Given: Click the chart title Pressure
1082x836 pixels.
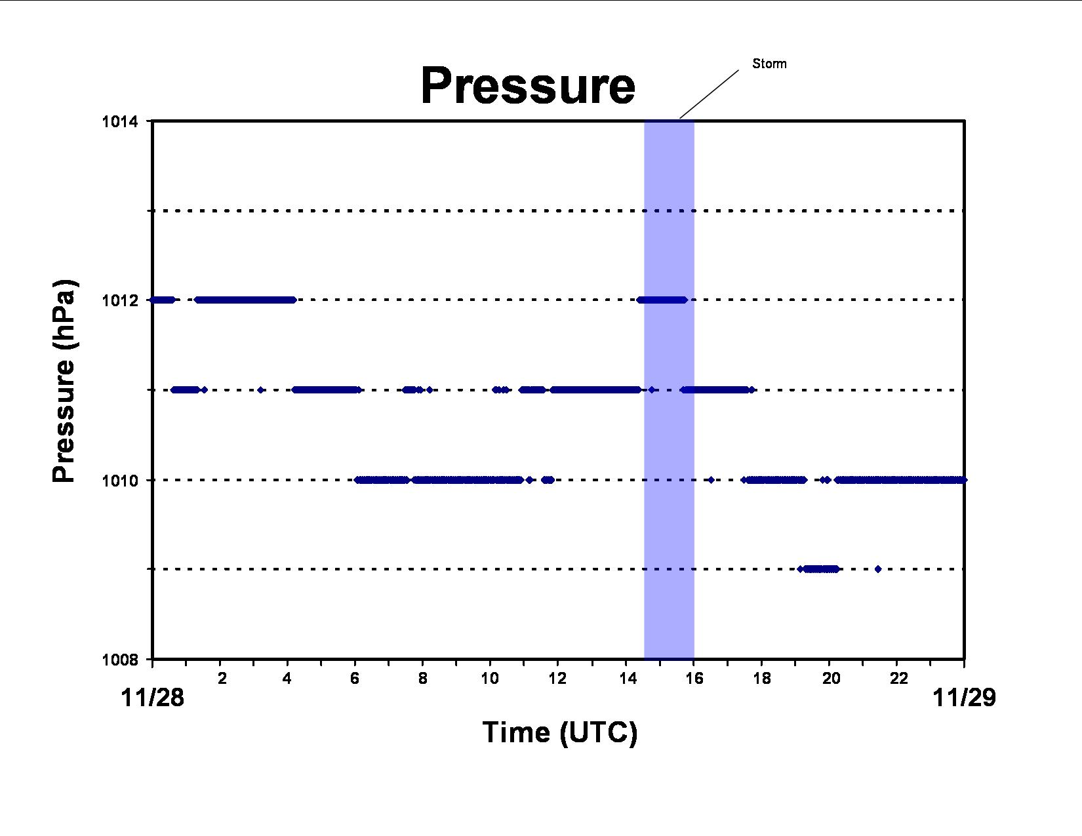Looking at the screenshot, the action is [528, 86].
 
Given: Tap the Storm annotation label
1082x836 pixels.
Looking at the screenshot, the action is [769, 64].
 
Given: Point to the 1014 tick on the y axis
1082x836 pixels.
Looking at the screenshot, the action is [120, 121].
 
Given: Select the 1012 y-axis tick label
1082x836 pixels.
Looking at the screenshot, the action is [120, 300].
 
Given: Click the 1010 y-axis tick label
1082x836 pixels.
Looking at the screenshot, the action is [120, 481].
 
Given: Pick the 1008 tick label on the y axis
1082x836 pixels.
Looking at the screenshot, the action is [120, 660].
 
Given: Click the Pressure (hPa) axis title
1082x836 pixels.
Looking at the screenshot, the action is [64, 381].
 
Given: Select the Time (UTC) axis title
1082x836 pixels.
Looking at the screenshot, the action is [559, 732].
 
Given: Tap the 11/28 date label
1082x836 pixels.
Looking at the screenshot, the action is [152, 698].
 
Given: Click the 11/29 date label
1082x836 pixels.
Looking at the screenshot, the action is [965, 698].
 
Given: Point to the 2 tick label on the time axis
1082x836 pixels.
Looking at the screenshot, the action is [222, 678].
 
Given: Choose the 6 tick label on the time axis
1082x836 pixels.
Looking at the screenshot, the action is [355, 678].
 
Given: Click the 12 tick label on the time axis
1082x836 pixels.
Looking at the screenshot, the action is [557, 678].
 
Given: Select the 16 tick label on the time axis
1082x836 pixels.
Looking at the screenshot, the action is [694, 678].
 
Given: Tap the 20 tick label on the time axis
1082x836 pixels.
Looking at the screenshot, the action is [831, 678].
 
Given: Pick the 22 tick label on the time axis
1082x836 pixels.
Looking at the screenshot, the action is [899, 678].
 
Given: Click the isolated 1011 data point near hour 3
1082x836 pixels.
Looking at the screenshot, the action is [260, 390].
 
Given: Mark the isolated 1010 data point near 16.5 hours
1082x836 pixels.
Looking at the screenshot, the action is [711, 480].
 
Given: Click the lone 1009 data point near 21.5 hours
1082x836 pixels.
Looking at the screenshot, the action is [878, 569].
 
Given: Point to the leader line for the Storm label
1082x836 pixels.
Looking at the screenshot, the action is [709, 94].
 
